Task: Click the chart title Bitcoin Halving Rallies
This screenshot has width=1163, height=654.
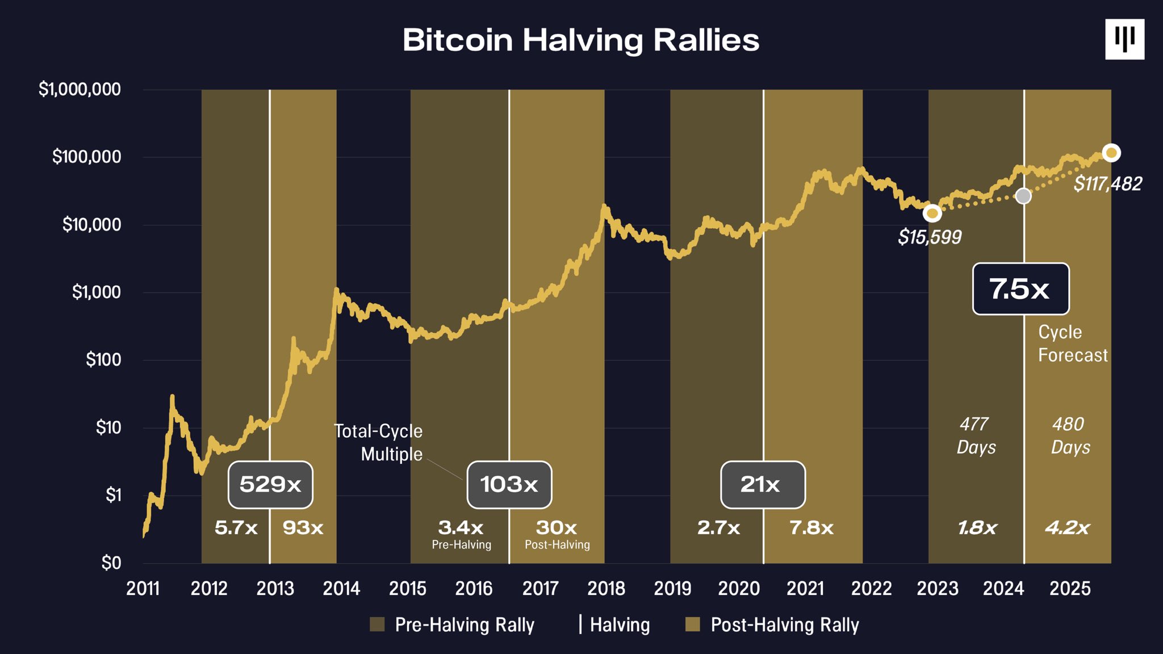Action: [580, 40]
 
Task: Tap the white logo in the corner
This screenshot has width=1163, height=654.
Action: [1124, 39]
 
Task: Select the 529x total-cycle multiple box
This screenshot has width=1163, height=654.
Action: [270, 485]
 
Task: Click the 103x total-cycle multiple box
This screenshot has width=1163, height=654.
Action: [509, 485]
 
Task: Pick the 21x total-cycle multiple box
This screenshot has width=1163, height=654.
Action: [763, 485]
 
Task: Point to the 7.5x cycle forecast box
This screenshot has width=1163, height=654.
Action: [1020, 289]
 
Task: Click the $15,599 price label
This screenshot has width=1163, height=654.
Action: [930, 237]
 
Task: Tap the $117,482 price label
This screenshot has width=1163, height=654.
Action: [1107, 184]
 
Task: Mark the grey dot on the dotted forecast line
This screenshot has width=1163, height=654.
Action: [1023, 196]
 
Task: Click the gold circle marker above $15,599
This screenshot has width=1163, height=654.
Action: [932, 213]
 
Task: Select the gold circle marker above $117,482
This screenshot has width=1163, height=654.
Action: [1111, 153]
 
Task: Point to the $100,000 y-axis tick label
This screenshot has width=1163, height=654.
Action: [86, 157]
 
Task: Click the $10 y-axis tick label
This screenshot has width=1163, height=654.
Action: [108, 427]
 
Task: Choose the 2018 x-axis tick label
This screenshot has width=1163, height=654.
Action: [606, 589]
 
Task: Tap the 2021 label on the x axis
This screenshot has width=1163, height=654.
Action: [805, 589]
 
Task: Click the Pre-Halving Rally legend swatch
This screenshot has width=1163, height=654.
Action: [377, 624]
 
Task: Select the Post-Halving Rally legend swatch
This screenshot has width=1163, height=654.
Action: [693, 624]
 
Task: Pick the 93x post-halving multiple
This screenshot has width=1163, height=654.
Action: [303, 528]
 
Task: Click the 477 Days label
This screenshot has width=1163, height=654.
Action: [976, 435]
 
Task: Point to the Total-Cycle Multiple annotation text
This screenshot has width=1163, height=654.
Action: [378, 443]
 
